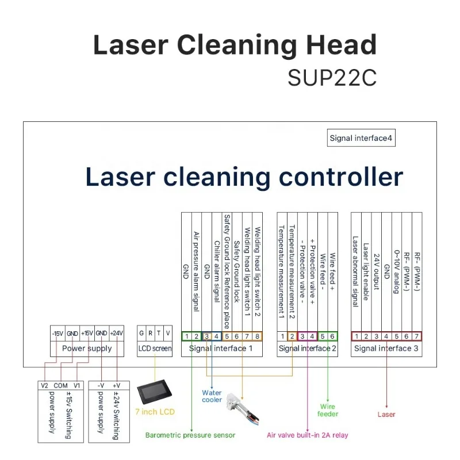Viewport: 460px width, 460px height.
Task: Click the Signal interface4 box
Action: tap(361, 138)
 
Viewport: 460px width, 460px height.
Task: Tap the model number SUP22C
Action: tap(332, 78)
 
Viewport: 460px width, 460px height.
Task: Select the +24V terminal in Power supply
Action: tap(117, 333)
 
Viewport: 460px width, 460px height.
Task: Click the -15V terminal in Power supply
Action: tap(57, 333)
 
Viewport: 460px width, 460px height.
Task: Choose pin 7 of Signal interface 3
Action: tap(416, 336)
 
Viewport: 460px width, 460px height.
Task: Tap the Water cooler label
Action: tap(212, 396)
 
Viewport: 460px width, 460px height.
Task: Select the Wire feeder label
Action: tap(328, 410)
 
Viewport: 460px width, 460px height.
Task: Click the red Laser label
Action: tap(386, 415)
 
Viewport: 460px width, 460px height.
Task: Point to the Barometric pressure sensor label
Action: tap(190, 435)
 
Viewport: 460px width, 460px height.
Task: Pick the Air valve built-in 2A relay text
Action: tap(308, 435)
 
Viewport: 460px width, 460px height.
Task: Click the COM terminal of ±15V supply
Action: tap(60, 385)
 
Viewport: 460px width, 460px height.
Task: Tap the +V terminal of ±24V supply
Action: tap(117, 385)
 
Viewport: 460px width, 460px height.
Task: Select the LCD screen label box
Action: tap(155, 348)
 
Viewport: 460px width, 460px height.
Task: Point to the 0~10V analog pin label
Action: tap(396, 270)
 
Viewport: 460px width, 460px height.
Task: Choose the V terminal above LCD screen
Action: tap(167, 333)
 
